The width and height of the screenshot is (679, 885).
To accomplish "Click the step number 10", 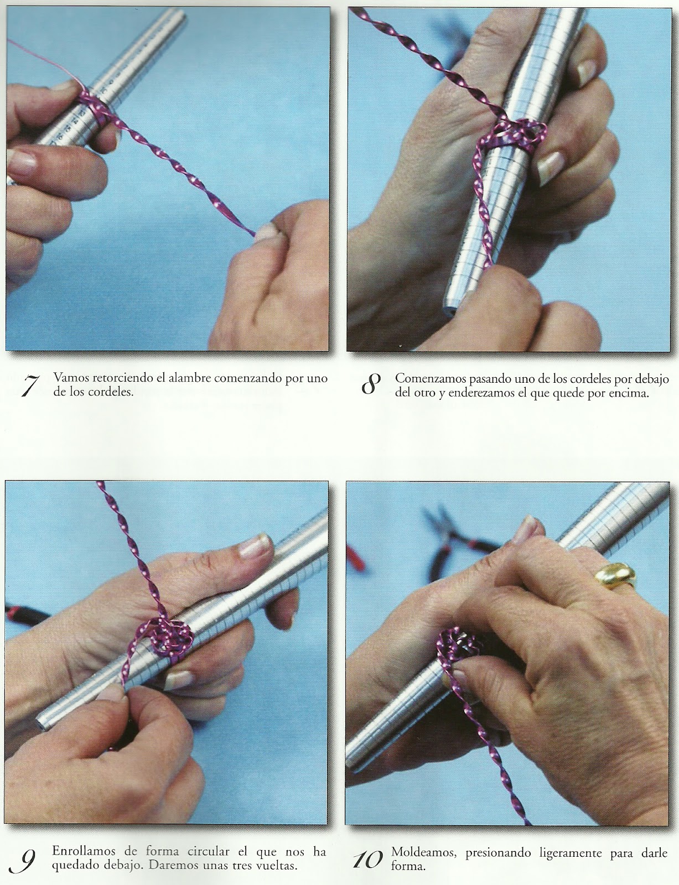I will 367,860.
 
